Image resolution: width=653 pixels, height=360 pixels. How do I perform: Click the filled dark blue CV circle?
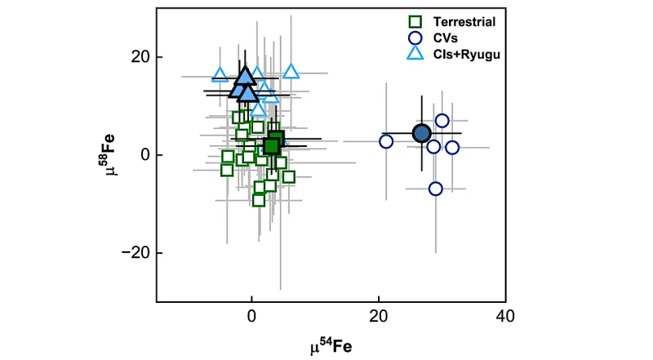point(421,133)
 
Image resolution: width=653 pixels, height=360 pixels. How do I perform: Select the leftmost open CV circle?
point(386,141)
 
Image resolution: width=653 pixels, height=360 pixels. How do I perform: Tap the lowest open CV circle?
point(436,189)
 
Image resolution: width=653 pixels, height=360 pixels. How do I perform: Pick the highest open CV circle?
point(442,121)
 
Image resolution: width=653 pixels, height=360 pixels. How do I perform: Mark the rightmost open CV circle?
point(452,148)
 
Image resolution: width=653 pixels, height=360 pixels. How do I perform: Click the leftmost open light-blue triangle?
point(220,74)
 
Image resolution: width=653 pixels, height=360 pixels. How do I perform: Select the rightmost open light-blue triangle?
point(291,72)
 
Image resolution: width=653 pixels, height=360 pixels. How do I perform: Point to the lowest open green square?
point(259,200)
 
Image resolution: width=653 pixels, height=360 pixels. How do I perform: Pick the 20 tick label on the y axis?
point(140,57)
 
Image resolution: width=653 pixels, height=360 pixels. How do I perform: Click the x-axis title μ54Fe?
point(331,346)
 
